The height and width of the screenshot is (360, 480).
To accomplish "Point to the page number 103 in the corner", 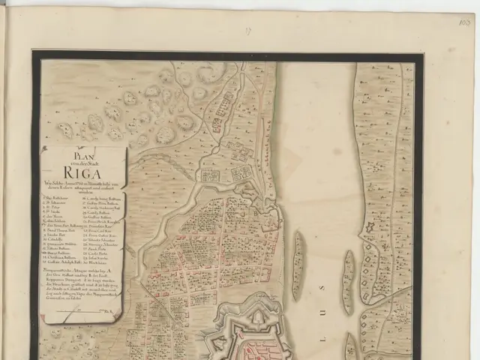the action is (465, 22).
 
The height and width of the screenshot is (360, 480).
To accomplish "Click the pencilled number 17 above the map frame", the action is (248, 31).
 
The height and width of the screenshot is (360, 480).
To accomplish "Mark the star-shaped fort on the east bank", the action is (369, 227).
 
